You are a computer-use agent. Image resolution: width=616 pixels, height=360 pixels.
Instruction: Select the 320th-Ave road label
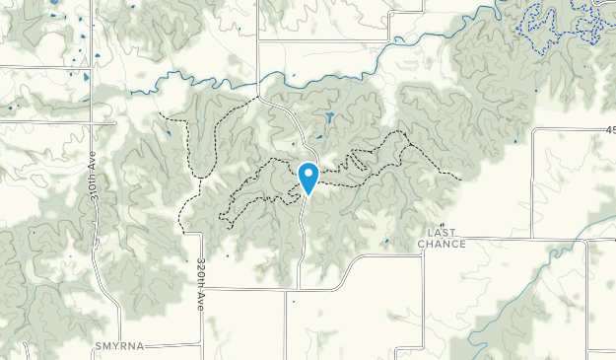[199, 286]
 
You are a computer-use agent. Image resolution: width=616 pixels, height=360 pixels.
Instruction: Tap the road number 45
[608, 129]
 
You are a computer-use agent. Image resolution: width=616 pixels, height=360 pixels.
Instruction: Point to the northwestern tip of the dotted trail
[159, 113]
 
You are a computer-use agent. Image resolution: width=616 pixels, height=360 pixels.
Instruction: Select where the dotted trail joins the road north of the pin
[259, 97]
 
